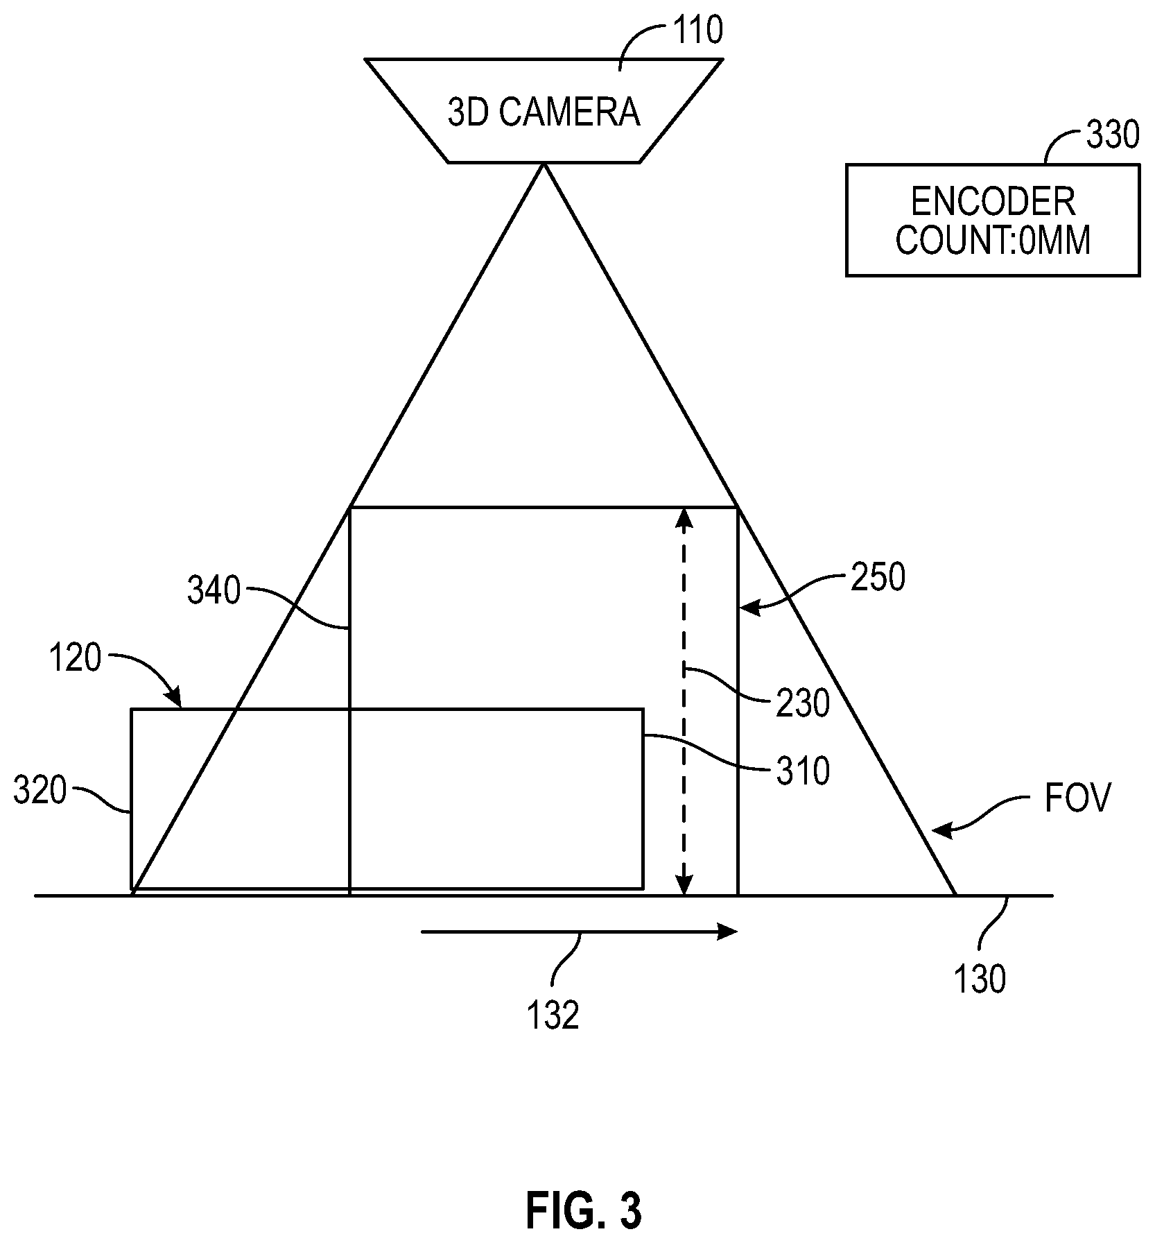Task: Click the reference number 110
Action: (x=697, y=31)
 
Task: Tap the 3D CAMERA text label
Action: (x=544, y=113)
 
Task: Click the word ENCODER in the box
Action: (x=992, y=202)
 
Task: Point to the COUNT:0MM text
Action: (x=993, y=241)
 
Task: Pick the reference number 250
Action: (x=878, y=578)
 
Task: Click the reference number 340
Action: (x=214, y=592)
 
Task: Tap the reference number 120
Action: (x=75, y=658)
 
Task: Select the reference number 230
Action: (x=803, y=704)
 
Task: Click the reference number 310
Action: (x=803, y=771)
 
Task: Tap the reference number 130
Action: (x=980, y=980)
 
